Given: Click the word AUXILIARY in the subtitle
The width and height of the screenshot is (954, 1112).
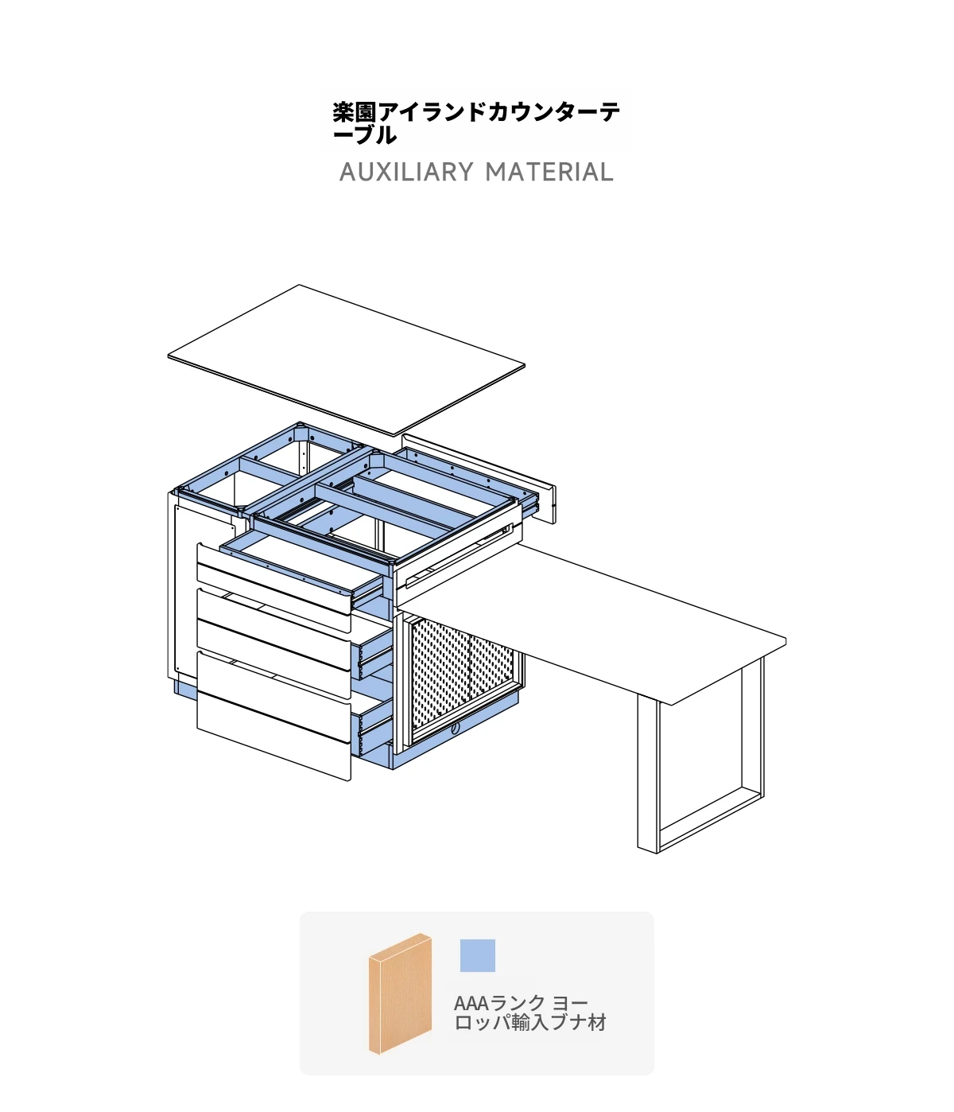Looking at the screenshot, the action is (406, 172).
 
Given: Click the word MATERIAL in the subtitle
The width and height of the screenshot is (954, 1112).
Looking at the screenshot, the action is (549, 172).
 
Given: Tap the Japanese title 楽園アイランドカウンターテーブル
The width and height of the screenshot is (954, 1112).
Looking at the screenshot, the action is (476, 123).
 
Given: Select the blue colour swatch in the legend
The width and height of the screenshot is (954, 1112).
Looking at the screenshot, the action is (478, 955).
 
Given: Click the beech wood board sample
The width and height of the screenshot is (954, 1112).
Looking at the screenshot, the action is (400, 993).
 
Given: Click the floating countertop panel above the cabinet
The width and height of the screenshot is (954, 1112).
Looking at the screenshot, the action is (347, 360).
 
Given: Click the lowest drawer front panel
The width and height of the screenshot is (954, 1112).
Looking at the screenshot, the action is (273, 736).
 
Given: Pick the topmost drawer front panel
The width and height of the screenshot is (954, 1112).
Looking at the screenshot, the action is (273, 578).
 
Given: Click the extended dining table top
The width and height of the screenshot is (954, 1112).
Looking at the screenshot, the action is (591, 624).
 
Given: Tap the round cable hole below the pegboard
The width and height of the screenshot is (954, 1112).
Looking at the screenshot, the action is (456, 729).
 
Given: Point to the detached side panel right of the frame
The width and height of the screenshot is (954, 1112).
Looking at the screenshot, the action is (479, 478).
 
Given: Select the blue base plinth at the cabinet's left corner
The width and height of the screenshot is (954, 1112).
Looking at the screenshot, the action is (185, 690).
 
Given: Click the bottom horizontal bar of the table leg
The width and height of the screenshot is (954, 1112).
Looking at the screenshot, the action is (710, 823).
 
